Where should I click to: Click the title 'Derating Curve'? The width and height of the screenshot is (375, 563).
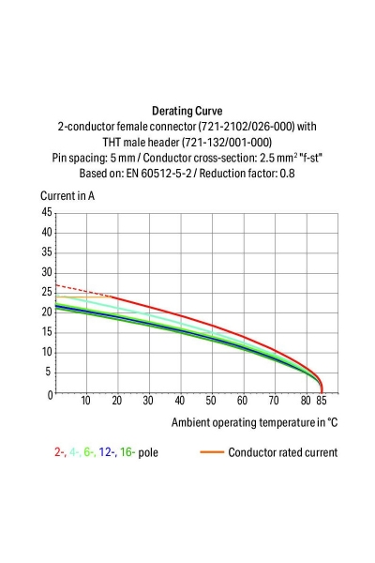coord(187,110)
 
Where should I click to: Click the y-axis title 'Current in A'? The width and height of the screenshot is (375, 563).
coord(67,196)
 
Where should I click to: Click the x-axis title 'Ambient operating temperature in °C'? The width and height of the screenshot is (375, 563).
coord(254,423)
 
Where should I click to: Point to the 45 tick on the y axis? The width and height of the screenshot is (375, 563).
coord(47,213)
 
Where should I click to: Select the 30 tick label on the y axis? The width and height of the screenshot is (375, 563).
coord(47,273)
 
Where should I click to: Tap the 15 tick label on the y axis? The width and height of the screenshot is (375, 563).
coord(47,333)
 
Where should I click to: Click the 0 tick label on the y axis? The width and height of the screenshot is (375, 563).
coord(50,394)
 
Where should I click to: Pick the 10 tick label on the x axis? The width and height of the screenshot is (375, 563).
coord(85,401)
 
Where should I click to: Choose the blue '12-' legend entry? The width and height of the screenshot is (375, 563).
coord(109,452)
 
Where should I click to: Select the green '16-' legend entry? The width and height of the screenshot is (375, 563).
coord(133,452)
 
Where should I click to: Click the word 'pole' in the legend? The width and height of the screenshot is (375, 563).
coord(159,452)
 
